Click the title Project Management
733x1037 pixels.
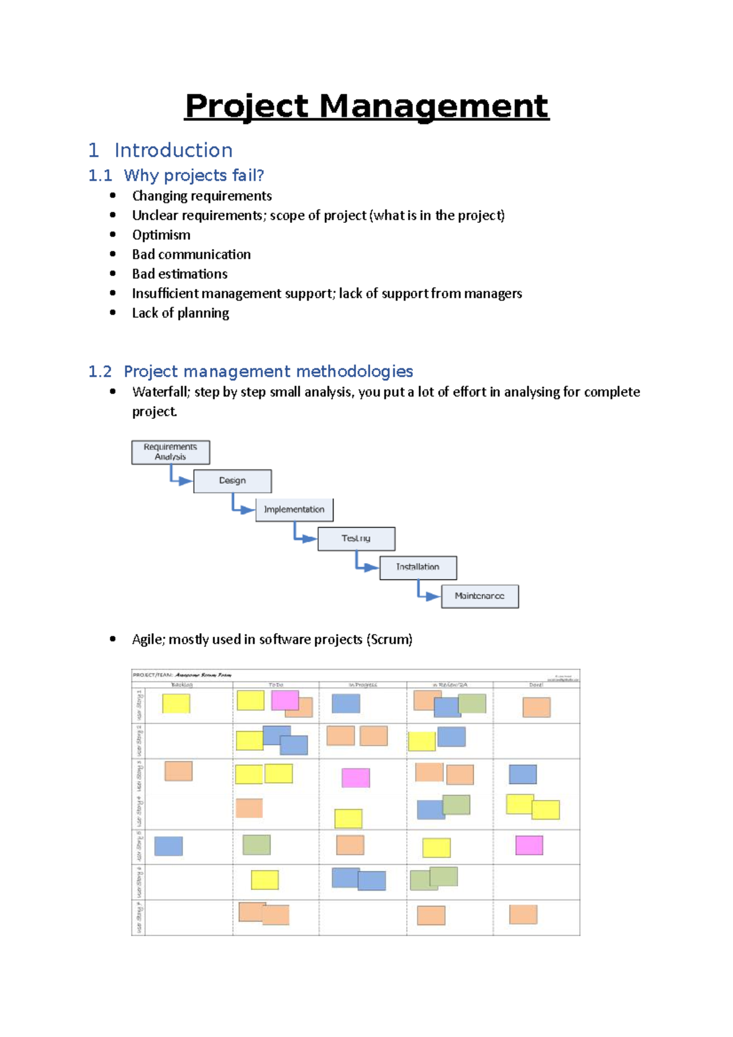click(366, 106)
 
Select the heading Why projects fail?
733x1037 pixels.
click(194, 176)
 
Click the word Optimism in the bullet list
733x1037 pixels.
click(161, 235)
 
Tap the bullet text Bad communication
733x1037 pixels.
click(191, 255)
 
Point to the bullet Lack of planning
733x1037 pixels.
click(180, 313)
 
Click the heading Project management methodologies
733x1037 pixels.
click(268, 372)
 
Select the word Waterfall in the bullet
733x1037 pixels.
click(161, 392)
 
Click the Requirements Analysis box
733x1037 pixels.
click(170, 453)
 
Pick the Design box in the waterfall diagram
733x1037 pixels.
click(232, 481)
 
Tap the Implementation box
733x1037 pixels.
click(294, 510)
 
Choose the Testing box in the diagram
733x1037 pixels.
click(356, 539)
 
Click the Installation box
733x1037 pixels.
click(418, 567)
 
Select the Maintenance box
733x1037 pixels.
click(480, 596)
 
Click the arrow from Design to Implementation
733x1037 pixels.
click(243, 508)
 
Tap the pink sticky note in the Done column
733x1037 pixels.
click(529, 845)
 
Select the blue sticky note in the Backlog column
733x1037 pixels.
click(169, 846)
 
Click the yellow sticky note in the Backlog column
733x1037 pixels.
click(176, 704)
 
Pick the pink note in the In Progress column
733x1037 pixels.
click(356, 777)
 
